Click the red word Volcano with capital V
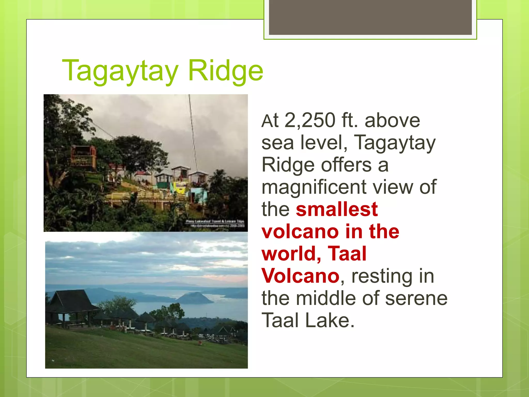pyautogui.click(x=300, y=276)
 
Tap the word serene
pyautogui.click(x=416, y=298)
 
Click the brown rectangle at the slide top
pyautogui.click(x=370, y=17)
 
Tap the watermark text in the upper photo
pyautogui.click(x=215, y=224)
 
